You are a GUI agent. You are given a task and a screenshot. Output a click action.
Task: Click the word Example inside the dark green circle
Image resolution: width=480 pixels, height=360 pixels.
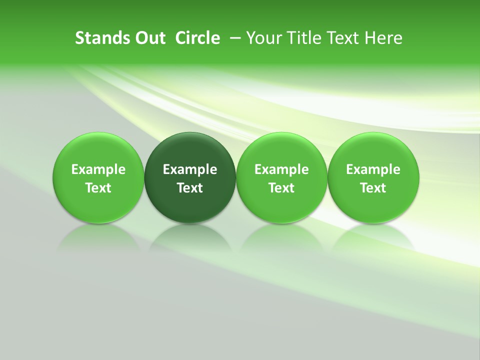(190, 169)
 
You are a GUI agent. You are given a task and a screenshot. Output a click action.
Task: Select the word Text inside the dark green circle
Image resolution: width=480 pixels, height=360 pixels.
(190, 188)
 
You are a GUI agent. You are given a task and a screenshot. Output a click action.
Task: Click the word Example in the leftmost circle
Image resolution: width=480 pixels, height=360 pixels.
(98, 169)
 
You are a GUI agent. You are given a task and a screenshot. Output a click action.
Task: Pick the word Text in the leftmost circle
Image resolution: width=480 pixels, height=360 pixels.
(98, 188)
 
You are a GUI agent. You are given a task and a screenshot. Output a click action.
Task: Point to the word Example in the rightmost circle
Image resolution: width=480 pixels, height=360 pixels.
(373, 169)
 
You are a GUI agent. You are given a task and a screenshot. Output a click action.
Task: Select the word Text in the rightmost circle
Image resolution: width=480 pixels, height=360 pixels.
(373, 188)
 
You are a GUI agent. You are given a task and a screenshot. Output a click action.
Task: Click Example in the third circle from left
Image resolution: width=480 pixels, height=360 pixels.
(281, 169)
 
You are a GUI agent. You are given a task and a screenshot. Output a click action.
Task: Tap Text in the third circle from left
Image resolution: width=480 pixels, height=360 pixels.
(281, 188)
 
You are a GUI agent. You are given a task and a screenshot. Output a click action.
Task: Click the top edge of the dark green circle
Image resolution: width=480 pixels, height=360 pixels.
(190, 133)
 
